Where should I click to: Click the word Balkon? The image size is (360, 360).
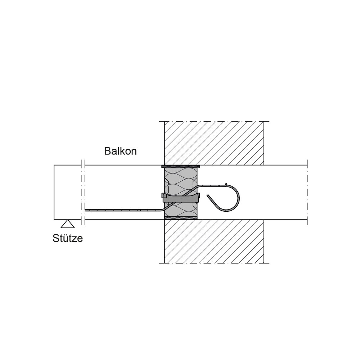[120, 151]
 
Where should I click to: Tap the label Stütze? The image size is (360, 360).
[68, 238]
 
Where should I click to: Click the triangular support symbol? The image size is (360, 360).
[68, 224]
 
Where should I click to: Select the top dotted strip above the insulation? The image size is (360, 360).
[181, 166]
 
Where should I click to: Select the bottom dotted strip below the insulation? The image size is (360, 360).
[181, 218]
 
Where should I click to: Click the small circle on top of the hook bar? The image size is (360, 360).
[226, 184]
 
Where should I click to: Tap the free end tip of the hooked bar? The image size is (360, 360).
[208, 195]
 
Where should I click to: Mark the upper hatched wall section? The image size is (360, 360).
[214, 143]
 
